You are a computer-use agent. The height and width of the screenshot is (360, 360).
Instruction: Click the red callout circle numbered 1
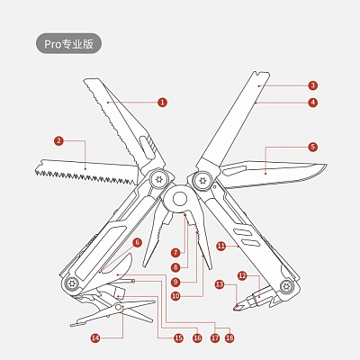click(162, 103)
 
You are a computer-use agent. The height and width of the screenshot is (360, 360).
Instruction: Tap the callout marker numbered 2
click(58, 140)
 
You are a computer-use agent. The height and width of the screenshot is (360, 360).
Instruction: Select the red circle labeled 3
click(313, 85)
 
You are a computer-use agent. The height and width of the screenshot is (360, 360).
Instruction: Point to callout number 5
click(313, 147)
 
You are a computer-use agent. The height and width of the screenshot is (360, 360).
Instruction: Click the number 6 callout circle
click(137, 242)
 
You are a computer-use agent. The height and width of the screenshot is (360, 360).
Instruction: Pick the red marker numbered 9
click(175, 282)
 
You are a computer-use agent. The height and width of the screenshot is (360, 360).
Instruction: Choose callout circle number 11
click(221, 247)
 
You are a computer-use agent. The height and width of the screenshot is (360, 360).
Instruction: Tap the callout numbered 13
click(220, 284)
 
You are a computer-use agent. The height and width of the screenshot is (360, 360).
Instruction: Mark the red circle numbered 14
click(95, 338)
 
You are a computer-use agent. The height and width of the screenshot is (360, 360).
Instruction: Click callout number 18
click(229, 338)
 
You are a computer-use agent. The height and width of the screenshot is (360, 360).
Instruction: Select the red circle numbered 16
click(197, 338)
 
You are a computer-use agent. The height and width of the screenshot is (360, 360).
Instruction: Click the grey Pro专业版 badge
click(69, 44)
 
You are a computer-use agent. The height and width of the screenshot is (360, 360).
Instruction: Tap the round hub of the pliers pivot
click(179, 199)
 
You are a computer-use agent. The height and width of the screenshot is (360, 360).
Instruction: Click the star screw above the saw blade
click(158, 179)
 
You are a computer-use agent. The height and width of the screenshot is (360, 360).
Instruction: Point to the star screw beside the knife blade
click(202, 181)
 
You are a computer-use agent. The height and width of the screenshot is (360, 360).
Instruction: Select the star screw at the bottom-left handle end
click(72, 283)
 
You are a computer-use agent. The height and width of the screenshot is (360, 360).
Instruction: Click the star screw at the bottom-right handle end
click(285, 286)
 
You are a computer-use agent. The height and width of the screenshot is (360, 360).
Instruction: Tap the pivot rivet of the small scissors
click(119, 307)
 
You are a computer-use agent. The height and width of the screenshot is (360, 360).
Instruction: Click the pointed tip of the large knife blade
click(327, 165)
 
